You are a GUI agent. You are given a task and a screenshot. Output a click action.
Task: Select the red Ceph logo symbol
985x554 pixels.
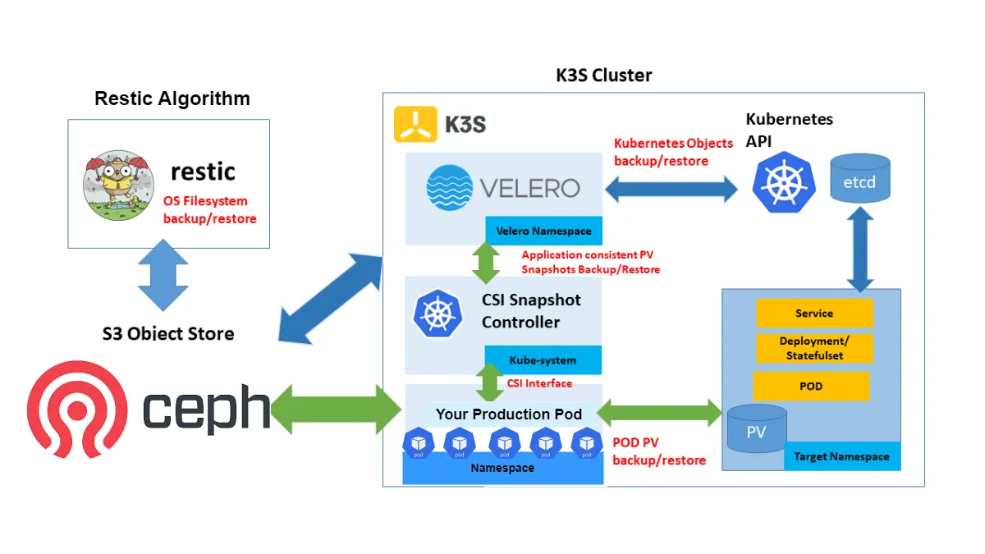coord(77,408)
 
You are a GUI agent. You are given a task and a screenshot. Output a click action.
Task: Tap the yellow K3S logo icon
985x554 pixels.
coord(415,125)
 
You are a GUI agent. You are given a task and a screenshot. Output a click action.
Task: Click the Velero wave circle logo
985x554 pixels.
coord(450,187)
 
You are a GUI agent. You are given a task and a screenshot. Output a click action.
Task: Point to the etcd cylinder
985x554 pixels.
coord(859,179)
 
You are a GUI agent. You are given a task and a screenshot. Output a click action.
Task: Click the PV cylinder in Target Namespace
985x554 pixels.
coord(756,431)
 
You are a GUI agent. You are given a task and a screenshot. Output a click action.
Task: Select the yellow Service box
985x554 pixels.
coord(814,314)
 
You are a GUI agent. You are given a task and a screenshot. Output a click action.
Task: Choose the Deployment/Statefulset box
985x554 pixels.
coord(814,348)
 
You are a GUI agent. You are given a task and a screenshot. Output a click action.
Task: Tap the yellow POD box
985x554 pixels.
coord(811,386)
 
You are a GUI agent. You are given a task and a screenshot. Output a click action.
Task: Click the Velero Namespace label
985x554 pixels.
coord(543,231)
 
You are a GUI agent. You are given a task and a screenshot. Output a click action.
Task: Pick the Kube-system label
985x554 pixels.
coord(543,359)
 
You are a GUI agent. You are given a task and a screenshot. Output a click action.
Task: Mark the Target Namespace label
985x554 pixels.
coord(841,456)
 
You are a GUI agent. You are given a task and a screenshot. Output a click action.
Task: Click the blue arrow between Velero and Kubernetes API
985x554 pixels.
coord(671,189)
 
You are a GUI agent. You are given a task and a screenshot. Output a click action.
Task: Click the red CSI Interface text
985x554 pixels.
coord(539,382)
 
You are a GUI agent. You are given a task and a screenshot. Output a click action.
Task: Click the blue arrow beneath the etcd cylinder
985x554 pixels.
coord(859,249)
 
